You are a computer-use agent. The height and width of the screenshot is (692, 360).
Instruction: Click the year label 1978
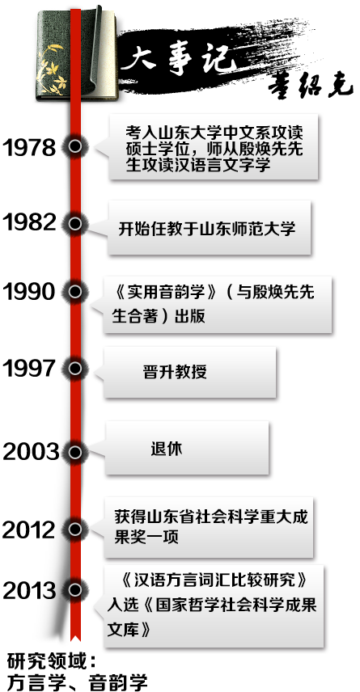click(x=29, y=147)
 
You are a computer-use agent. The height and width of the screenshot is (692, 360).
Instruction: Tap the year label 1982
click(x=29, y=222)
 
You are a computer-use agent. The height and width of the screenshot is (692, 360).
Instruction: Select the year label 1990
click(x=29, y=291)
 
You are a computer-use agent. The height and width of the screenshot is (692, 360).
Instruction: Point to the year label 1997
click(x=29, y=368)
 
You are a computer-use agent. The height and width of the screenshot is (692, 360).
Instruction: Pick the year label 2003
click(x=31, y=452)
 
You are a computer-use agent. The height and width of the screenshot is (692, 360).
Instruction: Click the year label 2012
click(x=30, y=530)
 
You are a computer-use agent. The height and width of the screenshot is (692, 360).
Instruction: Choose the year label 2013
click(x=30, y=590)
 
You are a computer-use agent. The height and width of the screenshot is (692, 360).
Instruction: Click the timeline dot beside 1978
click(x=75, y=146)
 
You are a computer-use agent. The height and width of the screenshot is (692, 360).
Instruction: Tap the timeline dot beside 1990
click(x=75, y=291)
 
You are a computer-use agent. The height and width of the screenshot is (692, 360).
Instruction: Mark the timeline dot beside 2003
click(x=75, y=452)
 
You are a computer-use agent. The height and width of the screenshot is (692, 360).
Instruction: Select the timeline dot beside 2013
click(x=75, y=590)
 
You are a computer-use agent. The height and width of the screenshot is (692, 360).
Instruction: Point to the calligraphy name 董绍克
click(x=311, y=86)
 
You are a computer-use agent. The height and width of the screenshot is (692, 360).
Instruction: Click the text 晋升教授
click(x=175, y=372)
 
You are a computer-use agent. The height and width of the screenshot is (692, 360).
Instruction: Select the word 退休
click(x=167, y=449)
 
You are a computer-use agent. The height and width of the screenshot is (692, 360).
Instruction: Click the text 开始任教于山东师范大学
click(x=207, y=229)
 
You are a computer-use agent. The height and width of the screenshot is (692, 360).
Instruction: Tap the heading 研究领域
click(x=46, y=662)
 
